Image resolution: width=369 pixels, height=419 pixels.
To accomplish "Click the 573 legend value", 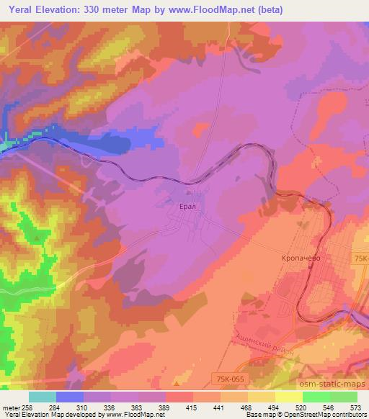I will click(x=356, y=407).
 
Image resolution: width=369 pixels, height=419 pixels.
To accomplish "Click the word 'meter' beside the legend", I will click(x=11, y=407).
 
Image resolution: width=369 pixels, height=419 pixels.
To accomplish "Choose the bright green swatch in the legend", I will click(x=316, y=397).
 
